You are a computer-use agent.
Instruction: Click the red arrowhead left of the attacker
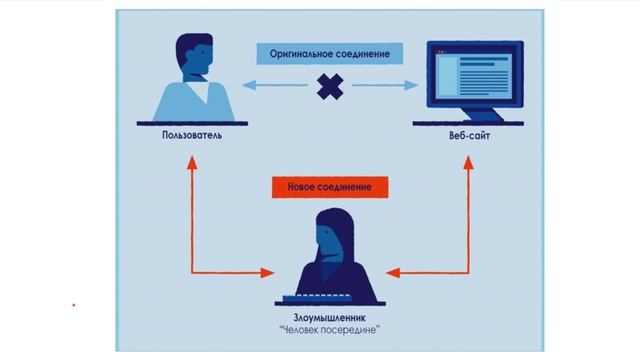(267, 271)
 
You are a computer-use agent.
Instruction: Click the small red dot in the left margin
(73, 302)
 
